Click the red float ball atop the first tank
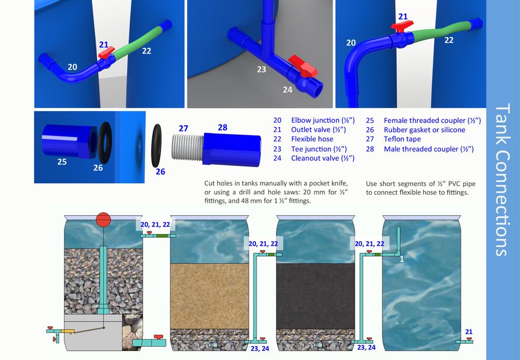pos(103,220)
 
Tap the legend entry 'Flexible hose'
pos(312,139)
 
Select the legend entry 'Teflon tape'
pos(402,139)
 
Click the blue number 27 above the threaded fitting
pos(183,128)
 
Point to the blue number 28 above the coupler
pos(222,127)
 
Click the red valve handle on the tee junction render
pos(303,67)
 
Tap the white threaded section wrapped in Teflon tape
pos(188,147)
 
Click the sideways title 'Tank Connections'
pos(503,179)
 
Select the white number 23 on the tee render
pos(262,69)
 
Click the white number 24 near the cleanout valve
pos(287,90)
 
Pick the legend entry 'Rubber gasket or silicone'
pos(425,130)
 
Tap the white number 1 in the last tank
pos(402,259)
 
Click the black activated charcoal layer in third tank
pos(315,296)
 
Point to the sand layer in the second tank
pos(209,296)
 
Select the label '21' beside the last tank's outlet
pos(469,332)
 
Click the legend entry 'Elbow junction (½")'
pos(323,120)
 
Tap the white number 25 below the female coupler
pos(62,162)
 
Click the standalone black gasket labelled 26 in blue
pos(156,146)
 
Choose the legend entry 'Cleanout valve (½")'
pos(322,158)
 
